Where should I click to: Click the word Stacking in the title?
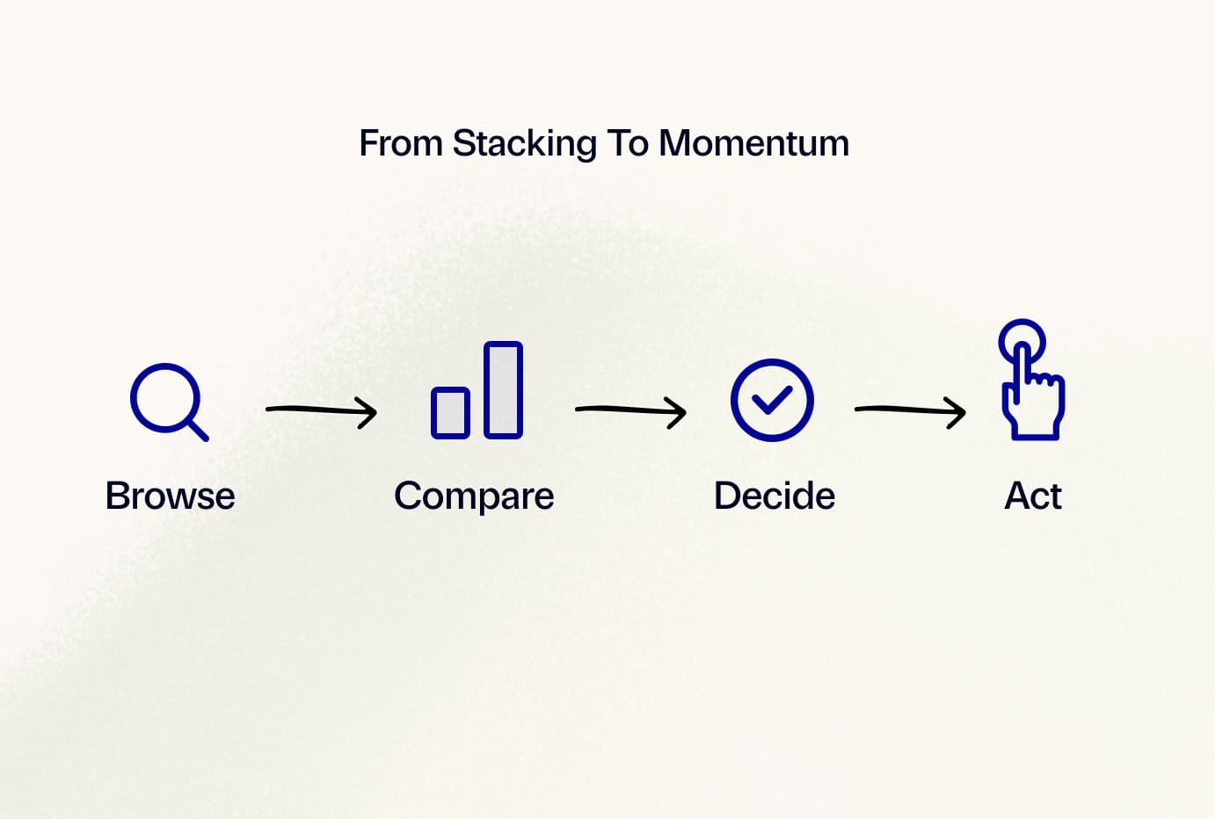coord(525,144)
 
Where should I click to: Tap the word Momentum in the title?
coord(754,143)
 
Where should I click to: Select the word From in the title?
coord(401,143)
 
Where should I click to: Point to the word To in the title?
coord(628,143)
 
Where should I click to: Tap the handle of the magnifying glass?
coord(198,431)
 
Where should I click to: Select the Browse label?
coord(170,496)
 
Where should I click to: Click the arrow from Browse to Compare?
coord(321,411)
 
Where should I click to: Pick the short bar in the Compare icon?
coord(450,412)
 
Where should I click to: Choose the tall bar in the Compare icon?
coord(504,389)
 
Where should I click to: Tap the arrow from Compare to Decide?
coord(631,411)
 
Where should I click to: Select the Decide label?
coord(774,496)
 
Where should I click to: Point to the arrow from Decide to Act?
coord(910,411)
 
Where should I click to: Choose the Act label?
coord(1033,496)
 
